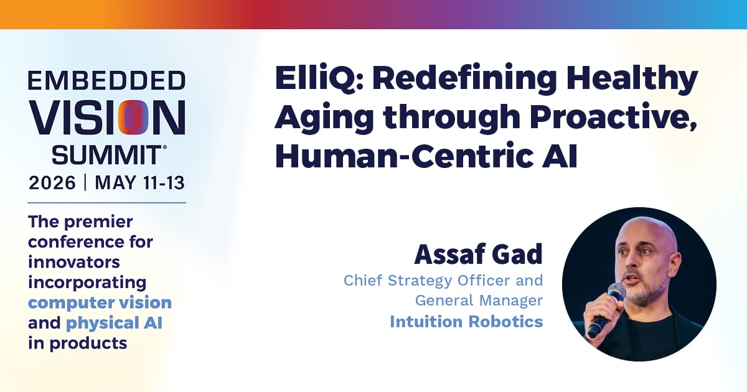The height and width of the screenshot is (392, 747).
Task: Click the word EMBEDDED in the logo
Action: pos(106,80)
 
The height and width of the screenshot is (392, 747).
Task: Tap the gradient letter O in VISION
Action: pos(133,118)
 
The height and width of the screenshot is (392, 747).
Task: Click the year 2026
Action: pos(52,183)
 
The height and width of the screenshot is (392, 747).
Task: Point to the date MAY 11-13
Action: pos(139,183)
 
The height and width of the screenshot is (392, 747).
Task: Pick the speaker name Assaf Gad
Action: pos(479,254)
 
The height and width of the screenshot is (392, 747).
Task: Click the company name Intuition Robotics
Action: pos(466,322)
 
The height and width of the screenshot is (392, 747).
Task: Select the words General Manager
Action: pos(479,301)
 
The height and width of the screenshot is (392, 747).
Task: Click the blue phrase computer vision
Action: pos(100,302)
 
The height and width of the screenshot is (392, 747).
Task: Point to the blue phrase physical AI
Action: pos(114,323)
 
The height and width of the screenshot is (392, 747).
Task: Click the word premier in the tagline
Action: pos(98,222)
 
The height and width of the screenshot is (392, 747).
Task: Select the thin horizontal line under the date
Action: pos(106,203)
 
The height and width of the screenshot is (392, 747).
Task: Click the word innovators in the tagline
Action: pos(73,262)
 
